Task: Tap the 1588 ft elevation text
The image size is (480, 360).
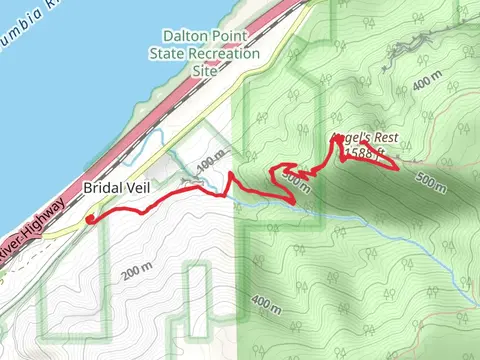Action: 367,154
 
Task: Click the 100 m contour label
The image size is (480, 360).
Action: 210,161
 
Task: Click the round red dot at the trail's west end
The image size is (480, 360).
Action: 90,218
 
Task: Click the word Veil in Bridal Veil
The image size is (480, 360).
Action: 135,188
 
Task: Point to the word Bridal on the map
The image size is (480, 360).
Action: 100,188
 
